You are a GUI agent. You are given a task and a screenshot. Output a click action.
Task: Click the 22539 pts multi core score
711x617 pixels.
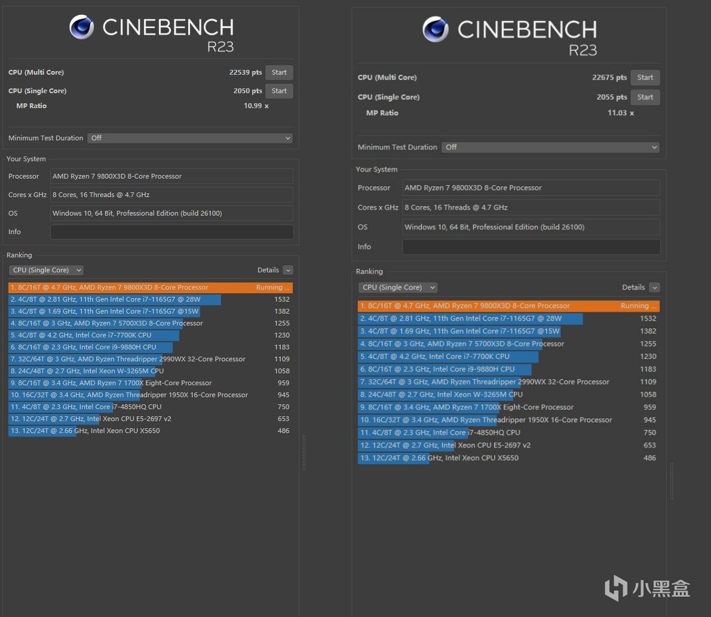[245, 72]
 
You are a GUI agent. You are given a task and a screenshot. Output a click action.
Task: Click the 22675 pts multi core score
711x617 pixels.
[609, 78]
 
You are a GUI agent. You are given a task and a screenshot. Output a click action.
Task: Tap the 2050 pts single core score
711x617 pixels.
[247, 91]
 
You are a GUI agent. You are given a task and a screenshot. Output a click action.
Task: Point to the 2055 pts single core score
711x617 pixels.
[611, 97]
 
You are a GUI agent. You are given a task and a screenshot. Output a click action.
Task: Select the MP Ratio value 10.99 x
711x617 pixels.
[256, 106]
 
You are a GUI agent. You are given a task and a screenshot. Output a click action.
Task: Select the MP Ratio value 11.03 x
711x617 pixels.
[620, 113]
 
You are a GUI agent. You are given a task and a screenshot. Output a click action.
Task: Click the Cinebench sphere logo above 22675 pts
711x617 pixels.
[435, 29]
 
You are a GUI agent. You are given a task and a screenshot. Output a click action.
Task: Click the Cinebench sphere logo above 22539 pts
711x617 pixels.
[81, 27]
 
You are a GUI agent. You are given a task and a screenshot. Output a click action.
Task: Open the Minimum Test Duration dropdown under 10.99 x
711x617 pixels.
[190, 138]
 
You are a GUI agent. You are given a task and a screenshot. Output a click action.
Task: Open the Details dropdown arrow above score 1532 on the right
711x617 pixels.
[654, 287]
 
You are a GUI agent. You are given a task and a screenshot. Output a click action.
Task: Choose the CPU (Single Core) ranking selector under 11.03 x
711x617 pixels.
[397, 287]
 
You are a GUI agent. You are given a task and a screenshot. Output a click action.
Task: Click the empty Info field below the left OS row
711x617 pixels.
[171, 232]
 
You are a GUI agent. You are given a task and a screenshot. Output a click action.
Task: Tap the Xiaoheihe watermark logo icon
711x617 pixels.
[615, 588]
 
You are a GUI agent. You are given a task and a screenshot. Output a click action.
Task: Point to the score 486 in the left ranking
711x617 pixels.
[283, 431]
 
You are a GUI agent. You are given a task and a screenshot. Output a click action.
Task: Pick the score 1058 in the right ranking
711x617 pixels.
[648, 394]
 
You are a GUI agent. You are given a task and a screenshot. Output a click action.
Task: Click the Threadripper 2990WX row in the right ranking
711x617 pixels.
[484, 382]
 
